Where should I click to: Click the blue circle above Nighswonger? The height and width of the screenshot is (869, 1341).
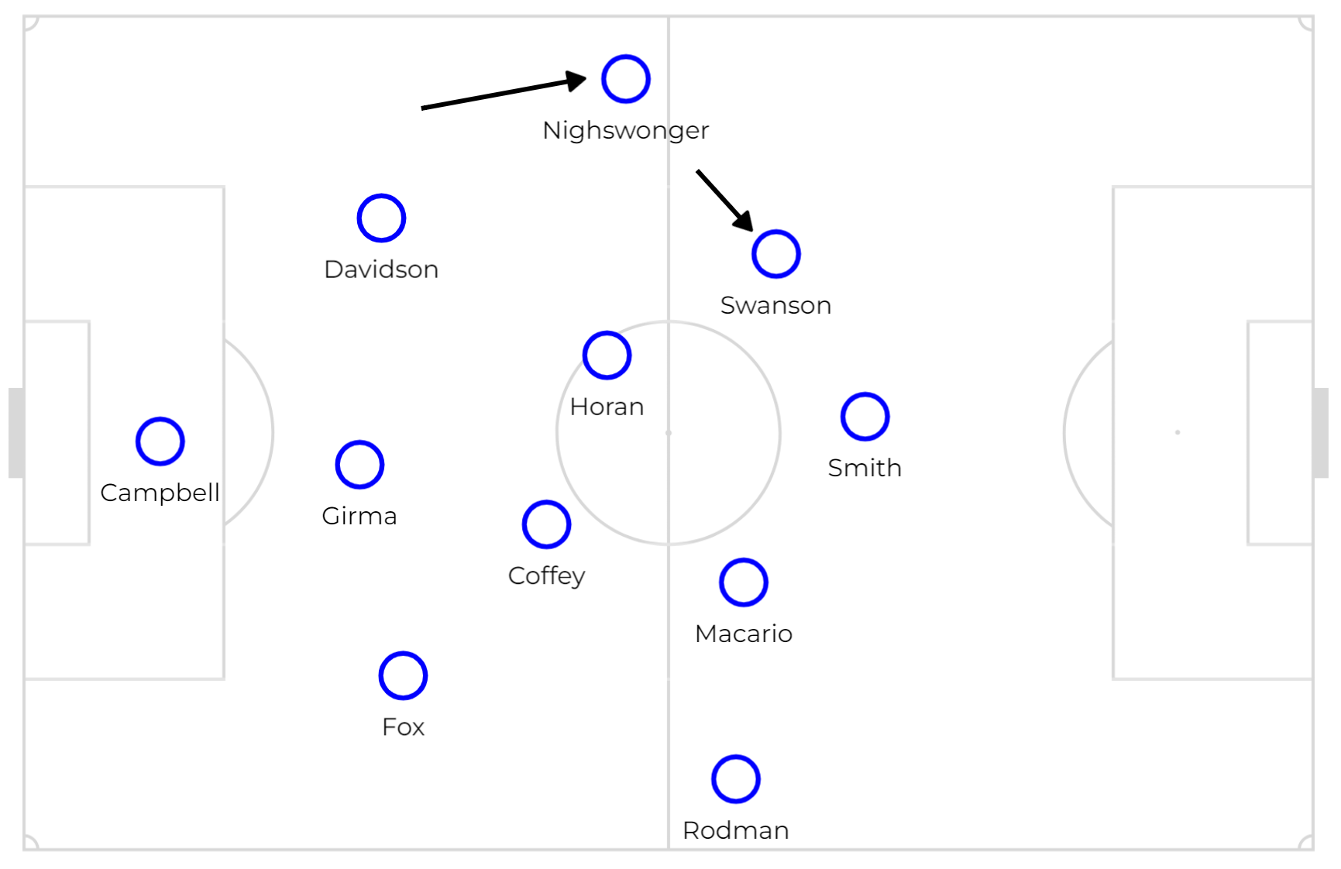click(626, 57)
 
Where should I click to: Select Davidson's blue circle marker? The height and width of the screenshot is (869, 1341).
click(381, 196)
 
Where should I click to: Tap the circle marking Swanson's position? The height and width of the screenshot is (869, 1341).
click(776, 232)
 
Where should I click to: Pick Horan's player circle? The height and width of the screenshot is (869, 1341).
click(607, 333)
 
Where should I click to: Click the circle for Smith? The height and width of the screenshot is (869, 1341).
click(865, 394)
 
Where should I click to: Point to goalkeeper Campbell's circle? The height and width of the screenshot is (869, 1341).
click(160, 419)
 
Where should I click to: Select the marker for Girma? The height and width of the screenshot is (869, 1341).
click(359, 442)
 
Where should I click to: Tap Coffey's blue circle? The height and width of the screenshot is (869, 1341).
click(547, 502)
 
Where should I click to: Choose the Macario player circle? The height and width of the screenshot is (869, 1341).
click(744, 560)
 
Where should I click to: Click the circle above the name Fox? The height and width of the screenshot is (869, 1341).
click(403, 653)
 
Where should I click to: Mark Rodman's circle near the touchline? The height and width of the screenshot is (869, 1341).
click(736, 757)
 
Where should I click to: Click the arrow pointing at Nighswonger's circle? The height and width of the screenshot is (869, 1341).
click(504, 93)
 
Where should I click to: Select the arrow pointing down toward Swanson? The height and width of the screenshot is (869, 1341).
click(725, 201)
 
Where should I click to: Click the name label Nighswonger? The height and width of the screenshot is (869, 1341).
click(626, 131)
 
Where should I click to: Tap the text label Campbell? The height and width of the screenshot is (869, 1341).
click(160, 493)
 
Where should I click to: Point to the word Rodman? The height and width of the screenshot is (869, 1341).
click(736, 830)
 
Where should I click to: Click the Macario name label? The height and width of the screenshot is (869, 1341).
click(744, 634)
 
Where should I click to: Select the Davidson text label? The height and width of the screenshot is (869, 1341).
click(381, 270)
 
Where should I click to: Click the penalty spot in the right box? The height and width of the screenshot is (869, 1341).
click(1178, 432)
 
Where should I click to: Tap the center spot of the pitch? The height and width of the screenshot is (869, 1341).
click(669, 433)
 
